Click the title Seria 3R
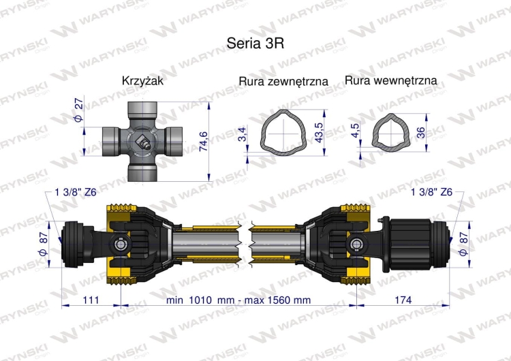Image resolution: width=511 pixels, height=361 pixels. [255, 41]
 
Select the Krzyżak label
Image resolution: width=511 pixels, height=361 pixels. [142, 80]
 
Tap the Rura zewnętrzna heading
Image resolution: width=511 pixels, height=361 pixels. [283, 81]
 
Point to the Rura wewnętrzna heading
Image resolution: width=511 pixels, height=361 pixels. [391, 80]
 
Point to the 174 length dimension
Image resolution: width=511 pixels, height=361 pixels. [403, 300]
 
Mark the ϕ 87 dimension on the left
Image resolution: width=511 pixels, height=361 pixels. [46, 242]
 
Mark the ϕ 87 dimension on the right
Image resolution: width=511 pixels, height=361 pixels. [465, 242]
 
